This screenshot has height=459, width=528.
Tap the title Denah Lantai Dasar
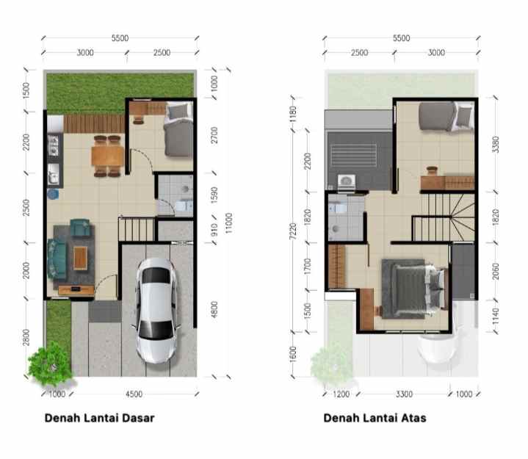point(99,419)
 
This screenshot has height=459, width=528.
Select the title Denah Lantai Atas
point(375,419)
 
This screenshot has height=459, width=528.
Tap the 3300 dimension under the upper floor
point(402,394)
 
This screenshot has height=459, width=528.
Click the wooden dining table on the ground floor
point(107,156)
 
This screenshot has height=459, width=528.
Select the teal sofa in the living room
point(57,258)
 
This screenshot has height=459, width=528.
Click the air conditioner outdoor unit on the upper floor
point(344,180)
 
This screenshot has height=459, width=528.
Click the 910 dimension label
point(212,229)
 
